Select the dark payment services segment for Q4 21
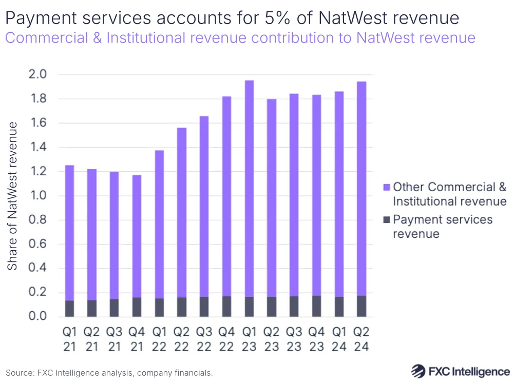click(x=137, y=307)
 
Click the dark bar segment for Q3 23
click(x=294, y=306)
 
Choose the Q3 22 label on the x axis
click(x=204, y=339)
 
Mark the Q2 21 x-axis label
click(x=92, y=339)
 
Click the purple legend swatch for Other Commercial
click(x=387, y=187)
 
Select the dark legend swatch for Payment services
click(x=387, y=220)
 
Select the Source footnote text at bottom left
click(x=109, y=373)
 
